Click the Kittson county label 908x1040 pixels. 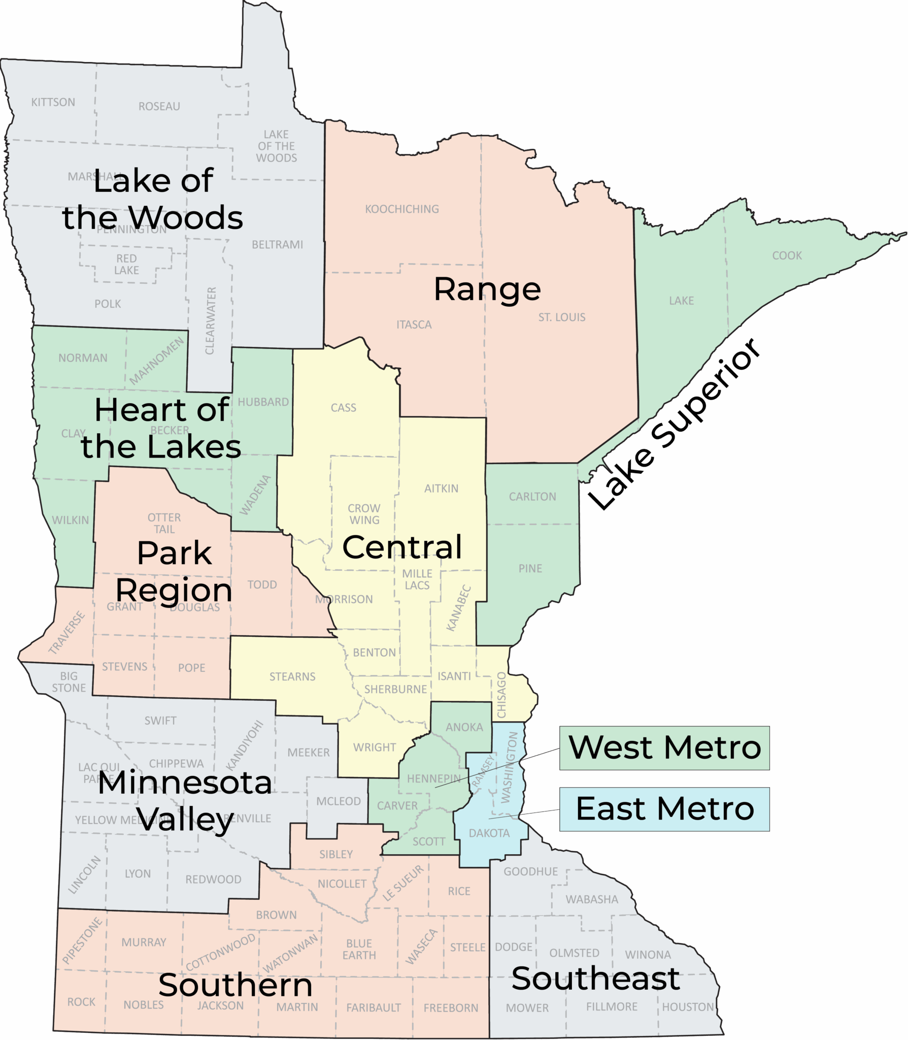(x=53, y=102)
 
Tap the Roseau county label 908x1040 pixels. (x=159, y=106)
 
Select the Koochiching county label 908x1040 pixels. (x=402, y=209)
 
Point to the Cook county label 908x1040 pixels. (x=787, y=255)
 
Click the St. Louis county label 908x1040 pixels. (x=562, y=317)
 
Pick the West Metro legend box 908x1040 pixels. (x=664, y=748)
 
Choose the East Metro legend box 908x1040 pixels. (x=664, y=809)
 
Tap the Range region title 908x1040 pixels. (x=487, y=289)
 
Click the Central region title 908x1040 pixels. (x=402, y=547)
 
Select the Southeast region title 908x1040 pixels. (x=595, y=979)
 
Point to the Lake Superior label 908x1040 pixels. (x=675, y=424)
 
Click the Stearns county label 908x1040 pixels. (x=292, y=676)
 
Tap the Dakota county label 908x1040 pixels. (x=489, y=833)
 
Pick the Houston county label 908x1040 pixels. (x=688, y=1006)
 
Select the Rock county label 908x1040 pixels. (x=81, y=1002)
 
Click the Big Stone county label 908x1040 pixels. (x=69, y=682)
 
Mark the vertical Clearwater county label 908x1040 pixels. (x=211, y=321)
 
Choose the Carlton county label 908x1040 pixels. (x=532, y=497)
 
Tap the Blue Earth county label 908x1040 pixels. (x=359, y=949)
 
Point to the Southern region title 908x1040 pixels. (x=235, y=985)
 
